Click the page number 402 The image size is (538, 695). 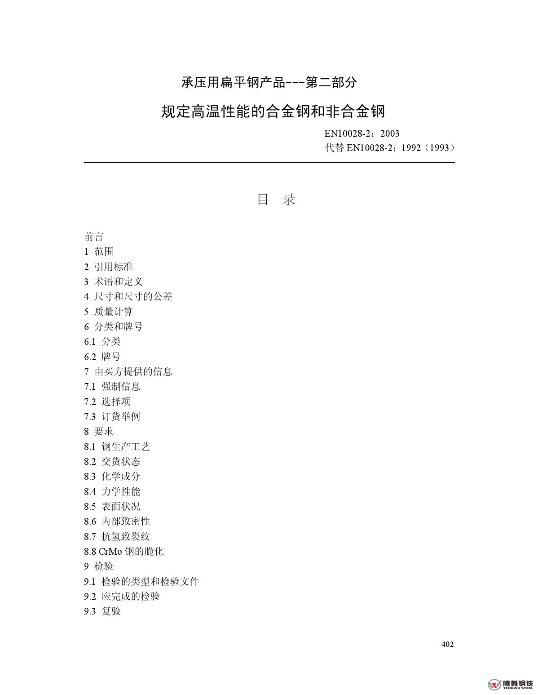pyautogui.click(x=447, y=644)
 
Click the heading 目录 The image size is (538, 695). pyautogui.click(x=276, y=199)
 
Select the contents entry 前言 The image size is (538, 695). pyautogui.click(x=94, y=237)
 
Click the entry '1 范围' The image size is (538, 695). pyautogui.click(x=99, y=252)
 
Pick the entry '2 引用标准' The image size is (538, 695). pyautogui.click(x=109, y=267)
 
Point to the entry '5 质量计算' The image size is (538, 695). pyautogui.click(x=109, y=312)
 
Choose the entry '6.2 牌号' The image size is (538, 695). pyautogui.click(x=102, y=356)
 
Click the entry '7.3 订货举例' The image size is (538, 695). pyautogui.click(x=112, y=416)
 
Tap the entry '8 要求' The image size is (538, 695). pyautogui.click(x=99, y=431)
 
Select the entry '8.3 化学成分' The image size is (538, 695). pyautogui.click(x=112, y=476)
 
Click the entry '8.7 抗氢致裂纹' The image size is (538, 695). pyautogui.click(x=117, y=536)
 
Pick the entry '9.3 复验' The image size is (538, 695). pyautogui.click(x=102, y=611)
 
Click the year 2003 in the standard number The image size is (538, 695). pyautogui.click(x=390, y=134)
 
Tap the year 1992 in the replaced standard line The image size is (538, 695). pyautogui.click(x=411, y=148)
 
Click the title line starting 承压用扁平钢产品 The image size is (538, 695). pyautogui.click(x=269, y=82)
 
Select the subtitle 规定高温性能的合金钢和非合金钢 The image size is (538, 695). pyautogui.click(x=273, y=111)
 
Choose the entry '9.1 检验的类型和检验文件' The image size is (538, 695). pyautogui.click(x=141, y=581)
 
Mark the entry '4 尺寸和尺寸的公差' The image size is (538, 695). pyautogui.click(x=128, y=297)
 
